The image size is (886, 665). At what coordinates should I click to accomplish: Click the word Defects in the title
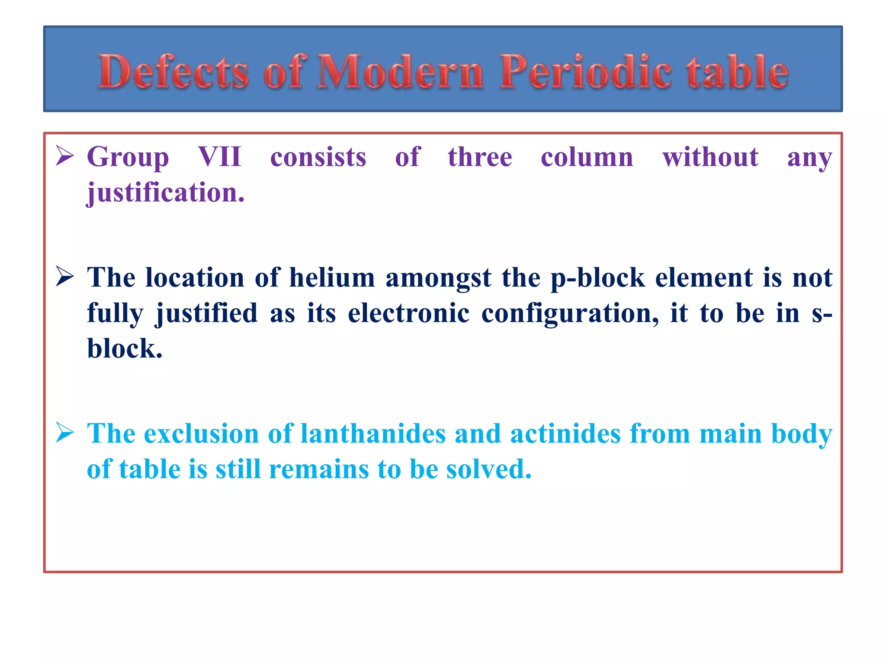pos(173,71)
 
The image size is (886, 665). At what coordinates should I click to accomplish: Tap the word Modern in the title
pos(400,71)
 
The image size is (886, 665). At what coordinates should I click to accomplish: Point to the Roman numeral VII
pos(219,157)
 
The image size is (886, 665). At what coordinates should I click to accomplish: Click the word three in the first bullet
pos(480,157)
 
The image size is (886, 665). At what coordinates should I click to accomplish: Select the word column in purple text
pos(587,157)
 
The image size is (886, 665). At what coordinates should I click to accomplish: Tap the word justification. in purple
pos(166,193)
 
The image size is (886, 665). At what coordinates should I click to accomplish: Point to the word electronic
pos(408,313)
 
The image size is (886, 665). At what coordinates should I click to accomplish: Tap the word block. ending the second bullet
pos(125,349)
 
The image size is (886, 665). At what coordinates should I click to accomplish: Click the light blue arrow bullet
pos(65,433)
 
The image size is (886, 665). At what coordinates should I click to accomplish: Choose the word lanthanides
pos(372,433)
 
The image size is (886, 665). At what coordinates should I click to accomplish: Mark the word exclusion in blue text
pos(201,433)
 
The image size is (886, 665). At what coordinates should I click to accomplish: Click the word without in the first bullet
pos(710,157)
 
